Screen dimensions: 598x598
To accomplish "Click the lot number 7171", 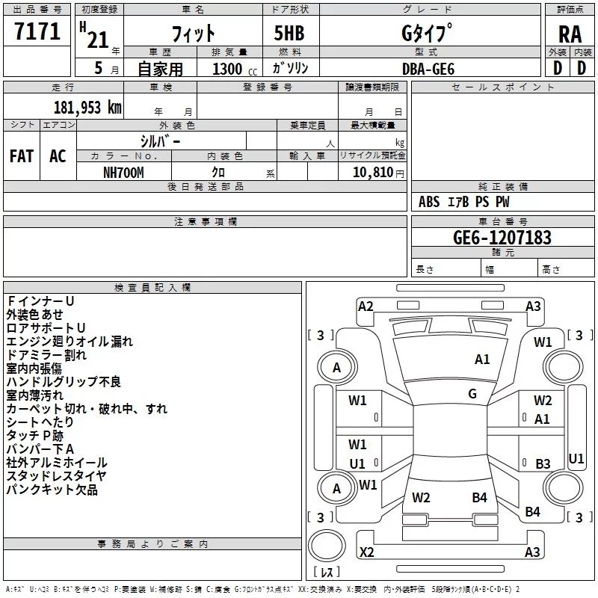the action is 37,31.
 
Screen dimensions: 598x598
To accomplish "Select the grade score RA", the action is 570,34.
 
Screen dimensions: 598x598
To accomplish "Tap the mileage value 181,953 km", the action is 87,108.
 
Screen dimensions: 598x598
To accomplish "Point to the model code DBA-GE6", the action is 428,69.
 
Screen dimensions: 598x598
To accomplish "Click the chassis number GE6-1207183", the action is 502,237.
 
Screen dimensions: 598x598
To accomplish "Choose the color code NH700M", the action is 123,173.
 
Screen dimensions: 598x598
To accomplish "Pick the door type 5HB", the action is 289,33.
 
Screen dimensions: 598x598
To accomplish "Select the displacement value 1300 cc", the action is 235,69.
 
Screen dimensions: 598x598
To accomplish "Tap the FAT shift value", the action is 22,156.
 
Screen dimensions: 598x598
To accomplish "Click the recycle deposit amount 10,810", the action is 372,173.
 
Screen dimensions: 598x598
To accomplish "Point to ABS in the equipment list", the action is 429,202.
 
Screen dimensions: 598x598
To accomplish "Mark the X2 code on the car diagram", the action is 366,552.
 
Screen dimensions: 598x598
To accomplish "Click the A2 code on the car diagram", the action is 366,306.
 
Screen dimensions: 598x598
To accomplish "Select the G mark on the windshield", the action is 472,394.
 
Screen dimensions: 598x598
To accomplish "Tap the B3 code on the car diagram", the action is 543,463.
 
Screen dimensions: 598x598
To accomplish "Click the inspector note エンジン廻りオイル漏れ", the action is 70,342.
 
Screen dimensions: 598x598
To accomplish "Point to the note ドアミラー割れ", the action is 46,354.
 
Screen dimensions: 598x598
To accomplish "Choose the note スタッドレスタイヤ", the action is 57,475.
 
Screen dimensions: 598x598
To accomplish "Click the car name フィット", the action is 193,34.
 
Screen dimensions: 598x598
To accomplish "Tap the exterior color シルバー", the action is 160,142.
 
